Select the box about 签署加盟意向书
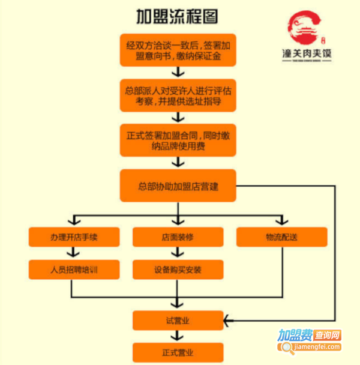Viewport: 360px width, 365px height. [178, 50]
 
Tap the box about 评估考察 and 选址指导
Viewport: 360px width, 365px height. [178, 95]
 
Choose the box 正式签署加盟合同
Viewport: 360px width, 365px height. [178, 140]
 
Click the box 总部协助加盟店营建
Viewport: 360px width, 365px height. [178, 186]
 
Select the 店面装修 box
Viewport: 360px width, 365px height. [178, 237]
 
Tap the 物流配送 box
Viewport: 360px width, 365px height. [281, 237]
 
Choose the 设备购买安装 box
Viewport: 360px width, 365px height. [178, 270]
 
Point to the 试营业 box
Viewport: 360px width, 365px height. [178, 320]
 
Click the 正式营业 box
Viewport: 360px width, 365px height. [178, 352]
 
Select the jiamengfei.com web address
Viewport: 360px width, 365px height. [310, 346]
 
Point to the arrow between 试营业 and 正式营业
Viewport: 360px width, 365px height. [178, 336]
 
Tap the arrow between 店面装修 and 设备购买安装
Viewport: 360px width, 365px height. [178, 253]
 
